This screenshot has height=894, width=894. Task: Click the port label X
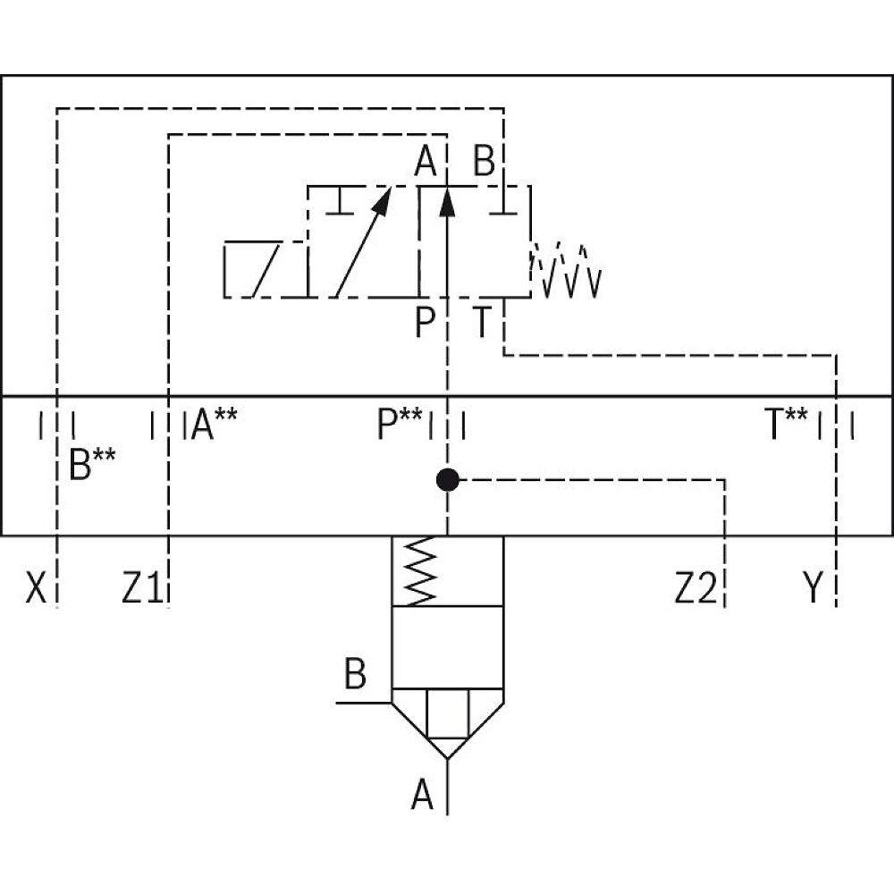[x=35, y=589]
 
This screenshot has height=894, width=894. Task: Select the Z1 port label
[x=141, y=589]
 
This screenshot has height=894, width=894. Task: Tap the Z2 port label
[x=696, y=589]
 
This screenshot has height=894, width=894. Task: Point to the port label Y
[x=812, y=589]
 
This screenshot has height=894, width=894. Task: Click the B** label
[x=92, y=464]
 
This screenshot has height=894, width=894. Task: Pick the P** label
[x=399, y=425]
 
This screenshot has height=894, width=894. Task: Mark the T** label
[x=787, y=425]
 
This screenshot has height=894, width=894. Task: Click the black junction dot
[x=447, y=481]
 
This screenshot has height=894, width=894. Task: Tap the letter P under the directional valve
[x=425, y=323]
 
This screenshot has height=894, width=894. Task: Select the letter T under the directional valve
[x=482, y=323]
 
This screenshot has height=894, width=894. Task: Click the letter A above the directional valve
[x=426, y=163]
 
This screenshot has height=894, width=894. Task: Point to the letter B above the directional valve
[x=484, y=163]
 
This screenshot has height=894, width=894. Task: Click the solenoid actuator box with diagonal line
[x=265, y=269]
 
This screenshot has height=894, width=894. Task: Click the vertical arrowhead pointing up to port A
[x=448, y=204]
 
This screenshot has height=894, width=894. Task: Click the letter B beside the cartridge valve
[x=355, y=675]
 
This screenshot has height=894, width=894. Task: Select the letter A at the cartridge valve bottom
[x=422, y=795]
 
